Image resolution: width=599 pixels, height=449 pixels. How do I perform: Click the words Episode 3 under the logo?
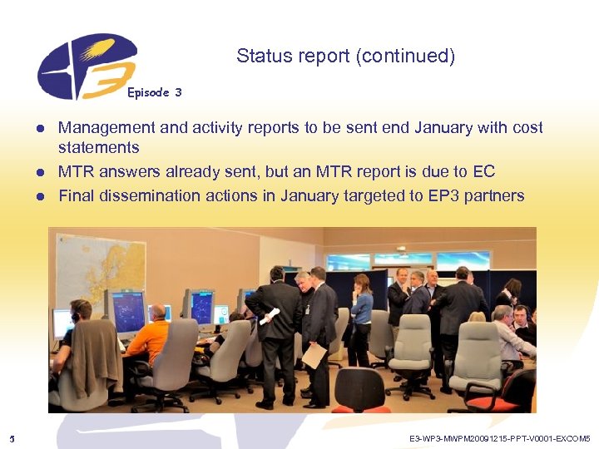(x=154, y=92)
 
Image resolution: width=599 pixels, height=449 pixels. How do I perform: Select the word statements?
(x=98, y=148)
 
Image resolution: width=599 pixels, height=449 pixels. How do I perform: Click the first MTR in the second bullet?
(x=77, y=172)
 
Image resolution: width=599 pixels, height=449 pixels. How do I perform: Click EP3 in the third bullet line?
(x=448, y=196)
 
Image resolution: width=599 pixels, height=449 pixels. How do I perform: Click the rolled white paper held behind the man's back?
(x=270, y=317)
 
